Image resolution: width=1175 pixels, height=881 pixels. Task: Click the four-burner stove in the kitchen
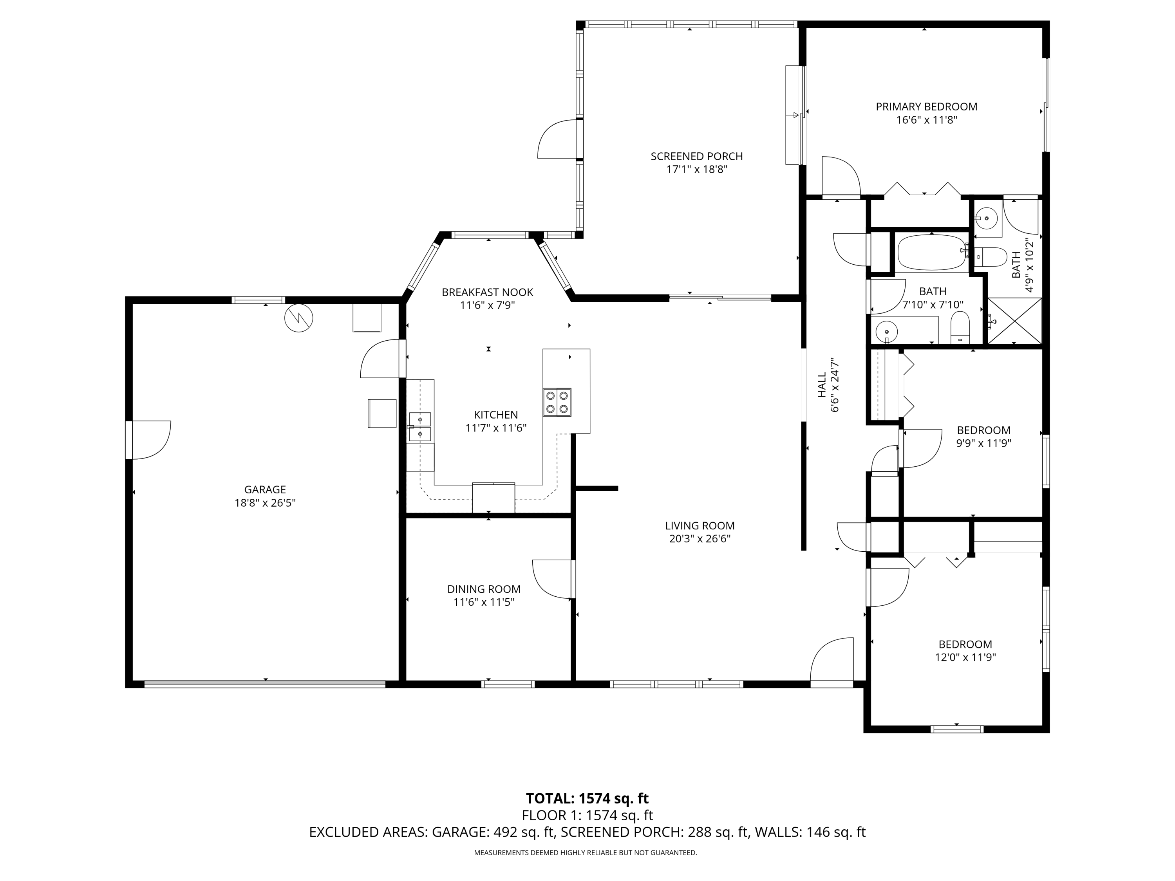coord(557,402)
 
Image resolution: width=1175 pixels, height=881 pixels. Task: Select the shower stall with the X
coord(1014,321)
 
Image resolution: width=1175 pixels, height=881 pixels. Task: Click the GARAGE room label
coord(265,489)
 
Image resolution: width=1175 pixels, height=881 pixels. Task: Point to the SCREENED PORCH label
coord(696,156)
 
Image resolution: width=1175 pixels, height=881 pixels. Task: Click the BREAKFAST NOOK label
coord(487,292)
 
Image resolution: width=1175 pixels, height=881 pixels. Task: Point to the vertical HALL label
coord(822,385)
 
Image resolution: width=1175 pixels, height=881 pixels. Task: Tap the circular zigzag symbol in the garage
coord(298,318)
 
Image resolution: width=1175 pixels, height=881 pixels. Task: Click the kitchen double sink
coord(419,426)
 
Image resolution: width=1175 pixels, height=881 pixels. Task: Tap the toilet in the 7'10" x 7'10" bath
coord(960,328)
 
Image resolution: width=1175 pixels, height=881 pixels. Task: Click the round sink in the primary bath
coord(987,218)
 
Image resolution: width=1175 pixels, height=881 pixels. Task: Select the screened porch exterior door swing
coord(557,139)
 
